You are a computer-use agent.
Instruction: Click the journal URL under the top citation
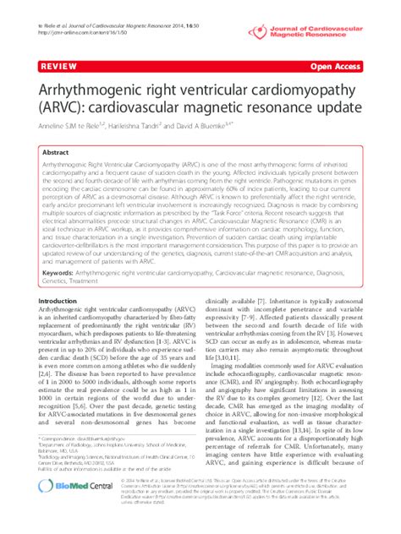coord(73,17)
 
